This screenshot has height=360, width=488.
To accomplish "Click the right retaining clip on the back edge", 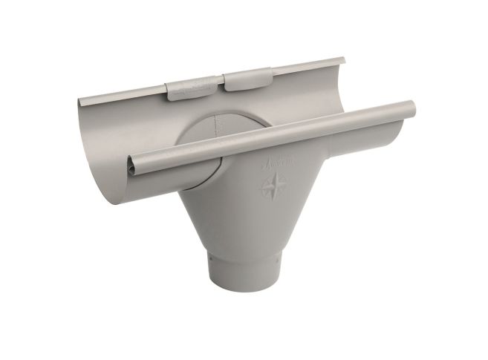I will coord(247,79).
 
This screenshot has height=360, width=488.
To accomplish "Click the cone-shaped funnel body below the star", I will coord(245,223).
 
